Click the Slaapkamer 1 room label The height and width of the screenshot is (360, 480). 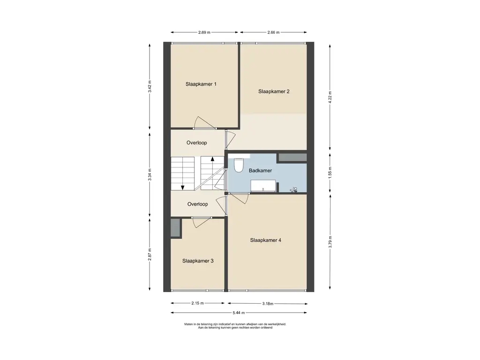click(201, 84)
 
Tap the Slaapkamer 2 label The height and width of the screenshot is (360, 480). click(274, 91)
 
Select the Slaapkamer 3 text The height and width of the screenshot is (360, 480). click(198, 261)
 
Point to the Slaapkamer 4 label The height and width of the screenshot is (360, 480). click(265, 240)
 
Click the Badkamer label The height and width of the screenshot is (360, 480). click(260, 171)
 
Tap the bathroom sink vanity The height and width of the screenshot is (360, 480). click(263, 186)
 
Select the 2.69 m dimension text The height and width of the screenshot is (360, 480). click(204, 32)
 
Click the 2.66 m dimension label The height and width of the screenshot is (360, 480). click(273, 32)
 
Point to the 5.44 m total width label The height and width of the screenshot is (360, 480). click(239, 313)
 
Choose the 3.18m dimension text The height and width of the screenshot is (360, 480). click(268, 304)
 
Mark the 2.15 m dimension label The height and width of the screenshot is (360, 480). click(197, 303)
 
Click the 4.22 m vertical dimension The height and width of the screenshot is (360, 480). click(330, 97)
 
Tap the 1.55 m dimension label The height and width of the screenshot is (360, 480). click(330, 173)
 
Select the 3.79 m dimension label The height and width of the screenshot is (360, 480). click(330, 242)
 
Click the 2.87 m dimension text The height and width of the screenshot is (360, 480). click(150, 255)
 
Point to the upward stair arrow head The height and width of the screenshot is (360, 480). click(212, 158)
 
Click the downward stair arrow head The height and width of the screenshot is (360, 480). click(182, 187)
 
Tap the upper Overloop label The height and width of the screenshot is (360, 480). click(196, 142)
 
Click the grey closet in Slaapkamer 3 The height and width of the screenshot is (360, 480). click(176, 228)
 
